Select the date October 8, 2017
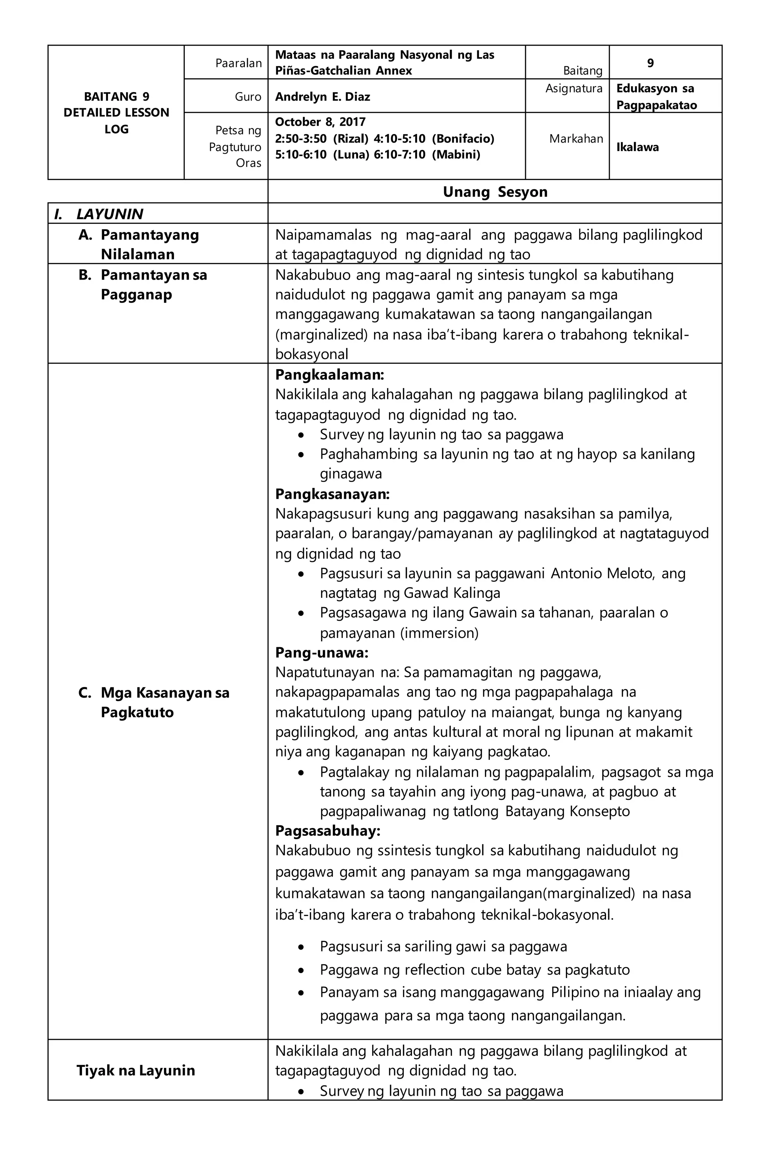(x=320, y=122)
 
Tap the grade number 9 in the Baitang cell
(x=650, y=63)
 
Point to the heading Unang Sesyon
(x=494, y=192)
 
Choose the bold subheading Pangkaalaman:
(x=329, y=375)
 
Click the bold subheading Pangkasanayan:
(x=332, y=494)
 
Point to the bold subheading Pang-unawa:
(x=321, y=652)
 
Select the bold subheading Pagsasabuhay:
(x=327, y=831)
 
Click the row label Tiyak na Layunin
(x=135, y=1071)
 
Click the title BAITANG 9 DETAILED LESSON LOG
(x=116, y=113)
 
